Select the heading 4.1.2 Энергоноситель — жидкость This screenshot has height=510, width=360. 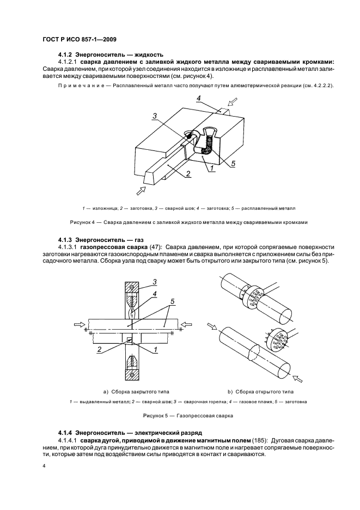coord(111,55)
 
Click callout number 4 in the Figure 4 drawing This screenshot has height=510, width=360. coord(199,99)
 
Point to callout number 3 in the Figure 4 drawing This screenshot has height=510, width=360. coord(155,116)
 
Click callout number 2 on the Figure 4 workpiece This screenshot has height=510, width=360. coord(187,174)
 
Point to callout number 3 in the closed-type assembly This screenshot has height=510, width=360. coord(155,281)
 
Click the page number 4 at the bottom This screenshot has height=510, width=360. coord(44,466)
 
